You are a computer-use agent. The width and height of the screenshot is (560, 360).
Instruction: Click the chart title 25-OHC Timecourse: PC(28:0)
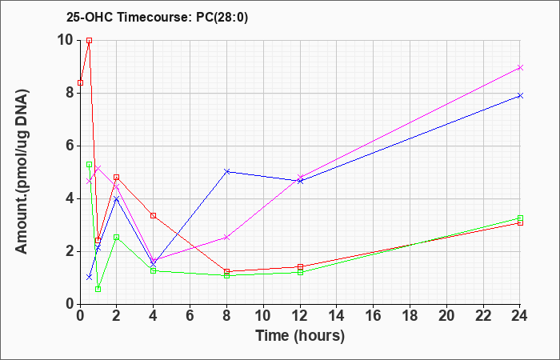pyautogui.click(x=157, y=17)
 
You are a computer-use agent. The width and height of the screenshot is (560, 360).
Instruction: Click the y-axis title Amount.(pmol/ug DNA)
pyautogui.click(x=22, y=172)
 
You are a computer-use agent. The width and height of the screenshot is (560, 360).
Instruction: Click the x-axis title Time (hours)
pyautogui.click(x=300, y=336)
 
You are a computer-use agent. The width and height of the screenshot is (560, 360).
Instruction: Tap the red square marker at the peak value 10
pyautogui.click(x=90, y=40)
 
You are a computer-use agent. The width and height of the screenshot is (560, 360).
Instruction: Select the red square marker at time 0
pyautogui.click(x=80, y=83)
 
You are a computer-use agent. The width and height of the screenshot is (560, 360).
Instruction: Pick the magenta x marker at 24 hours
pyautogui.click(x=520, y=67)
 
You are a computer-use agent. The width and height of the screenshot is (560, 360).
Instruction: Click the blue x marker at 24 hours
pyautogui.click(x=520, y=95)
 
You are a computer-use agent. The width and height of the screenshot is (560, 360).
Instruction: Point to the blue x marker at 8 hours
pyautogui.click(x=226, y=171)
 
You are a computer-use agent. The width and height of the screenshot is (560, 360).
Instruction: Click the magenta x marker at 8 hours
pyautogui.click(x=226, y=237)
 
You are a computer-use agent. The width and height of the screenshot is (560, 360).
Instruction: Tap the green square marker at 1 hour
pyautogui.click(x=98, y=289)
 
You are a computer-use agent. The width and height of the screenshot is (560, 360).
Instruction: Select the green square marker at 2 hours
pyautogui.click(x=117, y=237)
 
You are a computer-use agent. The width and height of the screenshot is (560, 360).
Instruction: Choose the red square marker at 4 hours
pyautogui.click(x=154, y=215)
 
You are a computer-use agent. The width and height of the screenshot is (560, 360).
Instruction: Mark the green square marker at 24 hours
pyautogui.click(x=520, y=218)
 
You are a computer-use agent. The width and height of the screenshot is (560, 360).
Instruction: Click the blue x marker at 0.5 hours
pyautogui.click(x=90, y=277)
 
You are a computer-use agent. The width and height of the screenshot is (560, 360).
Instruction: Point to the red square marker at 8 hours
pyautogui.click(x=226, y=271)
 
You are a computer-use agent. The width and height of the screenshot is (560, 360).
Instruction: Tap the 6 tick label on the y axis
pyautogui.click(x=70, y=146)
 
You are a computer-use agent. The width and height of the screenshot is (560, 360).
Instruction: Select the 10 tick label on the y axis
pyautogui.click(x=66, y=40)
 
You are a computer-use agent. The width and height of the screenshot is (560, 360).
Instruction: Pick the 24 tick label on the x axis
pyautogui.click(x=520, y=316)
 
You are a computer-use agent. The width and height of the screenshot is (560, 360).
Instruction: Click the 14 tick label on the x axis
pyautogui.click(x=337, y=316)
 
